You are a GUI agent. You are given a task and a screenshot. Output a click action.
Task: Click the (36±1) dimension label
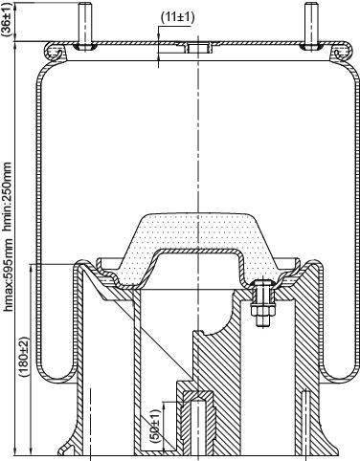7,18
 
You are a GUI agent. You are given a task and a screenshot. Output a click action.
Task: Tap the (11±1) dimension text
177,17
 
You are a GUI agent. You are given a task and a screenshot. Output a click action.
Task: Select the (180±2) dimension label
25,356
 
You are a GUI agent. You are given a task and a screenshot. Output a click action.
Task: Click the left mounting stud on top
84,26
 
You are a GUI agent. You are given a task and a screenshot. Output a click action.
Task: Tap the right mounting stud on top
310,26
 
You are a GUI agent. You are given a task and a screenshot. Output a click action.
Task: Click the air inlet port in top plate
198,48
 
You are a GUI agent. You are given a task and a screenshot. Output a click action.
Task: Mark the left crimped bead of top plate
55,51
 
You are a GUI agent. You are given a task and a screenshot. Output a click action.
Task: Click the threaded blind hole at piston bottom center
198,424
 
